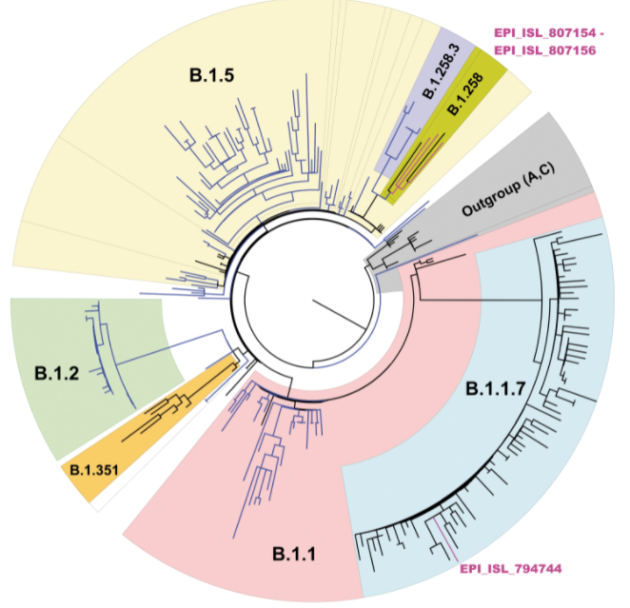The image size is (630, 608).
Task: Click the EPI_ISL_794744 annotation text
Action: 511,570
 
